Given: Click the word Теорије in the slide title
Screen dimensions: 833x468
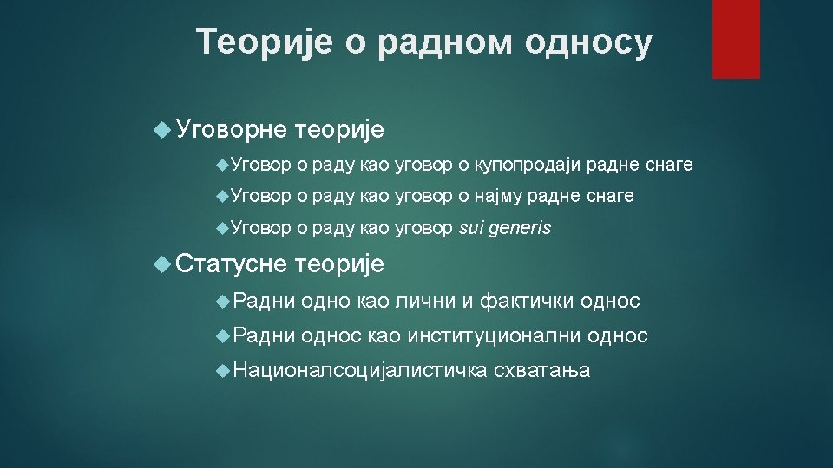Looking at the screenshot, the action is (x=265, y=42).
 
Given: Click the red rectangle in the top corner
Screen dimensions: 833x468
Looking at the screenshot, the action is (x=736, y=39).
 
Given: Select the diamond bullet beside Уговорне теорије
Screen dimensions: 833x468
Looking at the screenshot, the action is (x=162, y=129).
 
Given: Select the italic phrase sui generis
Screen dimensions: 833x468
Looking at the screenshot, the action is (x=505, y=228).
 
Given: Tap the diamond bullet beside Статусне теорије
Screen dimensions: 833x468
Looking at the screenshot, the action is (x=162, y=263).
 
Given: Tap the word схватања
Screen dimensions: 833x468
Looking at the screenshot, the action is (x=541, y=370).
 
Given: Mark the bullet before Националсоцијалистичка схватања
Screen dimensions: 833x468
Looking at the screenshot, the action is (x=223, y=370).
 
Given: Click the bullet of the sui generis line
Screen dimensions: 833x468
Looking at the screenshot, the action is (x=223, y=229).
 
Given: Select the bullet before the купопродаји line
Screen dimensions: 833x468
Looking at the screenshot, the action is (x=223, y=165).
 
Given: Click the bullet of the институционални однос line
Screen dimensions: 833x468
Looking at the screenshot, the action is (x=223, y=336).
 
